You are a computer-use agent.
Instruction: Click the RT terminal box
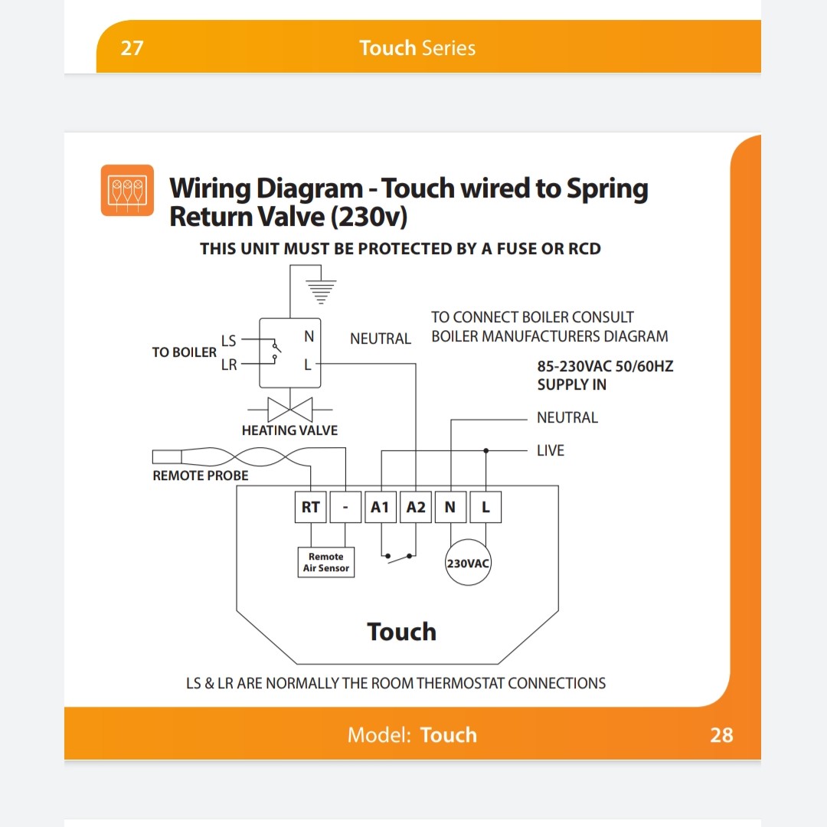tap(311, 507)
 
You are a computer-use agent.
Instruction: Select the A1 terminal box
tap(381, 507)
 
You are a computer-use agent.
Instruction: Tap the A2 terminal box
tap(416, 507)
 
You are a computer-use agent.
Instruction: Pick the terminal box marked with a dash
tap(345, 507)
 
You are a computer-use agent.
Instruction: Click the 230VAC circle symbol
tap(468, 562)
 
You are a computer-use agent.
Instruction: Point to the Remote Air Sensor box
tap(326, 562)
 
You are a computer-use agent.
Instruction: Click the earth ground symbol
tap(321, 292)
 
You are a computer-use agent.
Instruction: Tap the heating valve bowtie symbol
tap(290, 409)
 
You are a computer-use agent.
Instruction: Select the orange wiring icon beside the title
tap(127, 191)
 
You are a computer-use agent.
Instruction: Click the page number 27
tap(132, 48)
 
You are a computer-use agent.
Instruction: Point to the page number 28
tap(721, 734)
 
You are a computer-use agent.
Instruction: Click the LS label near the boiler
tap(228, 341)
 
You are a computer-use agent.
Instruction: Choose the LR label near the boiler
tap(229, 364)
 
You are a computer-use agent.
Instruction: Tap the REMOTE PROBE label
tap(201, 476)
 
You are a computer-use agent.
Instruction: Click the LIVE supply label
tap(551, 450)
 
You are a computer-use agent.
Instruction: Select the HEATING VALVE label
tap(289, 430)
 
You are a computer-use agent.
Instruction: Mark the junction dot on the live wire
tap(485, 450)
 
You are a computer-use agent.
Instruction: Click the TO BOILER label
tap(184, 352)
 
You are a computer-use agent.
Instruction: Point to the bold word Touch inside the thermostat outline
tap(401, 631)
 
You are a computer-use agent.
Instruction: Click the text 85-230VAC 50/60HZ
tap(605, 366)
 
